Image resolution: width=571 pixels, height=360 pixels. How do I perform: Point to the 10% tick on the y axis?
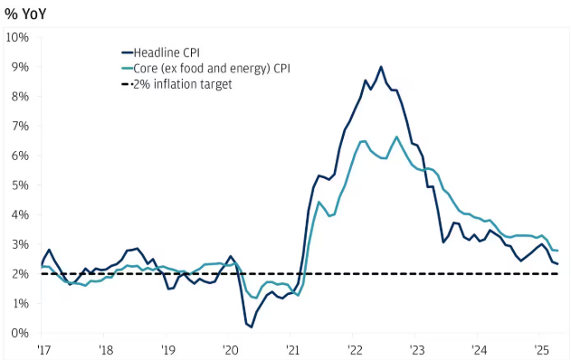pyautogui.click(x=18, y=37)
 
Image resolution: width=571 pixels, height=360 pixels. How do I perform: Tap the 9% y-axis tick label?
pyautogui.click(x=21, y=67)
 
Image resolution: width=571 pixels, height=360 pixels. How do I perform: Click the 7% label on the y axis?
pyautogui.click(x=21, y=126)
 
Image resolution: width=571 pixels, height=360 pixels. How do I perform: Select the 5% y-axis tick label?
pyautogui.click(x=21, y=185)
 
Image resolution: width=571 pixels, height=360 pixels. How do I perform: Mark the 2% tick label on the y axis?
pyautogui.click(x=21, y=274)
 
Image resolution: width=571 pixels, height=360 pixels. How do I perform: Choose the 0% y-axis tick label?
pyautogui.click(x=21, y=334)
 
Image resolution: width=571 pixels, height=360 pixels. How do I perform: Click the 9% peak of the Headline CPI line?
pyautogui.click(x=381, y=67)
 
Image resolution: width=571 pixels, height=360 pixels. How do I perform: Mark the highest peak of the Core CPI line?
pyautogui.click(x=396, y=137)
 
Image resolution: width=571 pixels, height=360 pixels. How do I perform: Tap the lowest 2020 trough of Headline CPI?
pyautogui.click(x=251, y=327)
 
